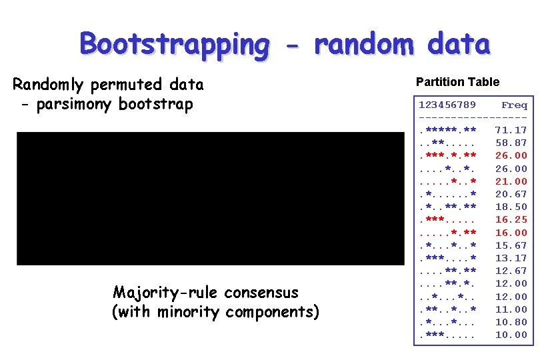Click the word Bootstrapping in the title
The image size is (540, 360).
click(175, 44)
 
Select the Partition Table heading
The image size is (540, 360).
click(457, 82)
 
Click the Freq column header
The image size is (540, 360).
click(514, 105)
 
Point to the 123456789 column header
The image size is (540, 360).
click(447, 105)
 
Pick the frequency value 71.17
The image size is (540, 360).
click(511, 130)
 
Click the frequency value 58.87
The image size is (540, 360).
click(511, 143)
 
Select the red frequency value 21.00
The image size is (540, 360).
click(511, 181)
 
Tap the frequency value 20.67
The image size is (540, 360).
click(511, 194)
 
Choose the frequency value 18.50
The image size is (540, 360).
click(511, 207)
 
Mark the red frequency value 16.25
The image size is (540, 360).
click(511, 219)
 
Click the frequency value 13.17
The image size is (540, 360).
click(511, 258)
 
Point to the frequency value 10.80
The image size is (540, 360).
click(511, 322)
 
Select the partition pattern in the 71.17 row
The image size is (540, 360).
click(447, 130)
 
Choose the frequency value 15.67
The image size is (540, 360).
click(511, 245)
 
